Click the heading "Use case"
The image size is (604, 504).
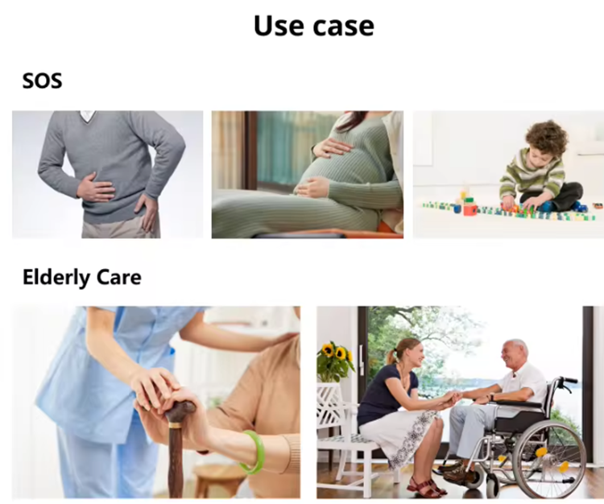(313, 26)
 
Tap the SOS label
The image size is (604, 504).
(42, 81)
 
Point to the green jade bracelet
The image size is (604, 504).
(252, 452)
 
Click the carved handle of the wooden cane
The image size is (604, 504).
(180, 411)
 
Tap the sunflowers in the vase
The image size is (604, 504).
(335, 353)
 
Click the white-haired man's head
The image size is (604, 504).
(515, 353)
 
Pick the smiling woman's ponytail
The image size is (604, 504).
(393, 356)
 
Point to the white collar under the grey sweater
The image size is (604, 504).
(88, 115)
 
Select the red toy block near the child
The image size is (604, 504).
(470, 209)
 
